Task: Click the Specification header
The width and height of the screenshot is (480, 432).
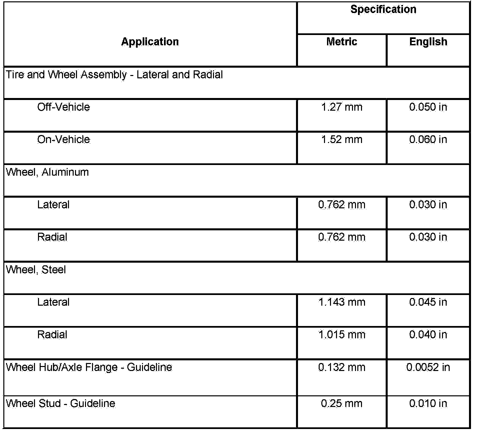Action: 383,9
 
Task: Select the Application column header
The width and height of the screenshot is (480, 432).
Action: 150,42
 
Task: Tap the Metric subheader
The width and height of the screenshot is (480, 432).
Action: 342,42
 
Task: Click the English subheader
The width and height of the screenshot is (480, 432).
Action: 428,42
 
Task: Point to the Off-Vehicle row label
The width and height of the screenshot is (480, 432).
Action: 64,107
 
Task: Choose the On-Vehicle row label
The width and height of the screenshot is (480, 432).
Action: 64,139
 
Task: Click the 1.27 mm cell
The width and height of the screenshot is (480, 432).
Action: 342,107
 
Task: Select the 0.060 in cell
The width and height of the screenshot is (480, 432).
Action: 428,139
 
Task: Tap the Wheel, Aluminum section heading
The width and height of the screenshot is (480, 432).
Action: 47,172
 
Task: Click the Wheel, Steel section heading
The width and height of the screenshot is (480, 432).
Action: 36,269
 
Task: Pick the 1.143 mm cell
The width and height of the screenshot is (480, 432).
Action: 342,302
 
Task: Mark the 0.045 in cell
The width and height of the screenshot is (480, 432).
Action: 428,302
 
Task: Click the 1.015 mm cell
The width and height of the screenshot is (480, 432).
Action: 342,334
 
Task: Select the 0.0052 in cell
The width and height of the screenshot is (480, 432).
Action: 428,367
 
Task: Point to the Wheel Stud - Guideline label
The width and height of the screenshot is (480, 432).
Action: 61,403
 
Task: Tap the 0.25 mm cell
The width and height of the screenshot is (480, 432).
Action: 342,403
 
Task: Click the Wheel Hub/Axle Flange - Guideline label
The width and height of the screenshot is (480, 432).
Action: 89,367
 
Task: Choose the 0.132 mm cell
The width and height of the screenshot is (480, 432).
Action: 342,367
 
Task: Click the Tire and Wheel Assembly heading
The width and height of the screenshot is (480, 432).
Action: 114,74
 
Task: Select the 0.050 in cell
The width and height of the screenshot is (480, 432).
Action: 428,107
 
